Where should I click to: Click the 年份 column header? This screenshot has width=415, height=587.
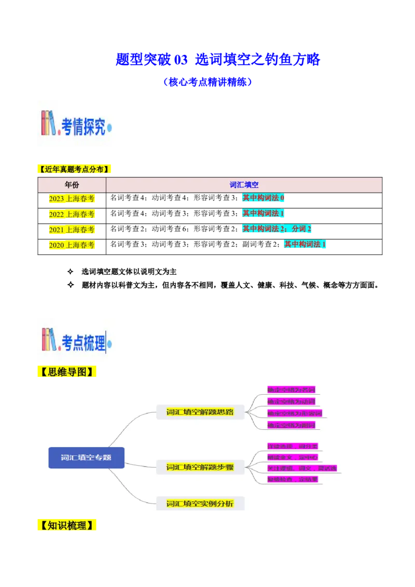click(72, 185)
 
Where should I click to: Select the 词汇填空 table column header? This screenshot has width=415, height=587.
click(244, 185)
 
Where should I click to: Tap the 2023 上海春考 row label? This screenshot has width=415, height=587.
click(71, 199)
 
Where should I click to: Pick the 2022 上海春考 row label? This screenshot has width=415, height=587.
click(71, 214)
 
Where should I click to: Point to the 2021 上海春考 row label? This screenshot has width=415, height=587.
click(71, 229)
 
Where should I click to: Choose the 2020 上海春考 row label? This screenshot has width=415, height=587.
click(71, 245)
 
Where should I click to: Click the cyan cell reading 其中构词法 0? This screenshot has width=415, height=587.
click(264, 198)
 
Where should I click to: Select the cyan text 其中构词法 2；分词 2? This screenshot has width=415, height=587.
click(276, 229)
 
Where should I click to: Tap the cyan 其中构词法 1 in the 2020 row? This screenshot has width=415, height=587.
click(305, 244)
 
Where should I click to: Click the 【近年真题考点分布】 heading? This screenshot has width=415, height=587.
click(75, 169)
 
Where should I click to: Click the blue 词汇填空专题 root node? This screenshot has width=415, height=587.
click(86, 458)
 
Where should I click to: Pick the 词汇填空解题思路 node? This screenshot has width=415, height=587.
click(200, 412)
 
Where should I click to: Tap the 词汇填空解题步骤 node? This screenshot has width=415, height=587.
click(200, 467)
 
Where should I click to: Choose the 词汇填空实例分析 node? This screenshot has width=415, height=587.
click(200, 504)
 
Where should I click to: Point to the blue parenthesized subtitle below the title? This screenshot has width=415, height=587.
click(208, 82)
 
